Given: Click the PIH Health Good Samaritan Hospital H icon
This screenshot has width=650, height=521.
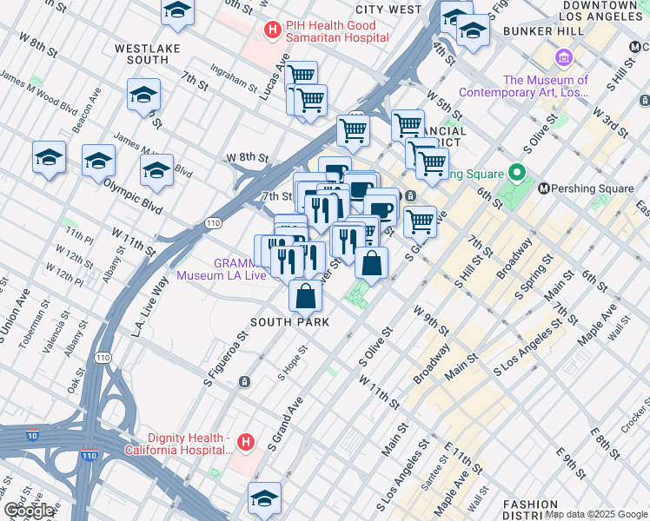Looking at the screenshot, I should [x=272, y=30].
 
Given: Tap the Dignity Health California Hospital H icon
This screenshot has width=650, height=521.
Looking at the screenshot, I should [x=247, y=443].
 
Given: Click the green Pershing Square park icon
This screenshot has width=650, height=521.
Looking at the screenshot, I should [x=519, y=173].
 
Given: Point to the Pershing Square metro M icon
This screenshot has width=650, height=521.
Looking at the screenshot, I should [x=546, y=188].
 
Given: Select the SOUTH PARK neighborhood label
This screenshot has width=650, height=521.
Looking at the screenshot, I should [x=289, y=322].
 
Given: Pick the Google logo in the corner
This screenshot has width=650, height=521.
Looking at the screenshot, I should [x=29, y=511].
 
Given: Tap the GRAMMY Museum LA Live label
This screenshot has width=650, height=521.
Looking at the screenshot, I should [x=216, y=269].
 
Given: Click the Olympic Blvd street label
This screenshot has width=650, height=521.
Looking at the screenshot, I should [x=133, y=185].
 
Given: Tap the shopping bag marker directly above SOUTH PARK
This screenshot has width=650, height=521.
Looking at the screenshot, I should [x=306, y=298].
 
